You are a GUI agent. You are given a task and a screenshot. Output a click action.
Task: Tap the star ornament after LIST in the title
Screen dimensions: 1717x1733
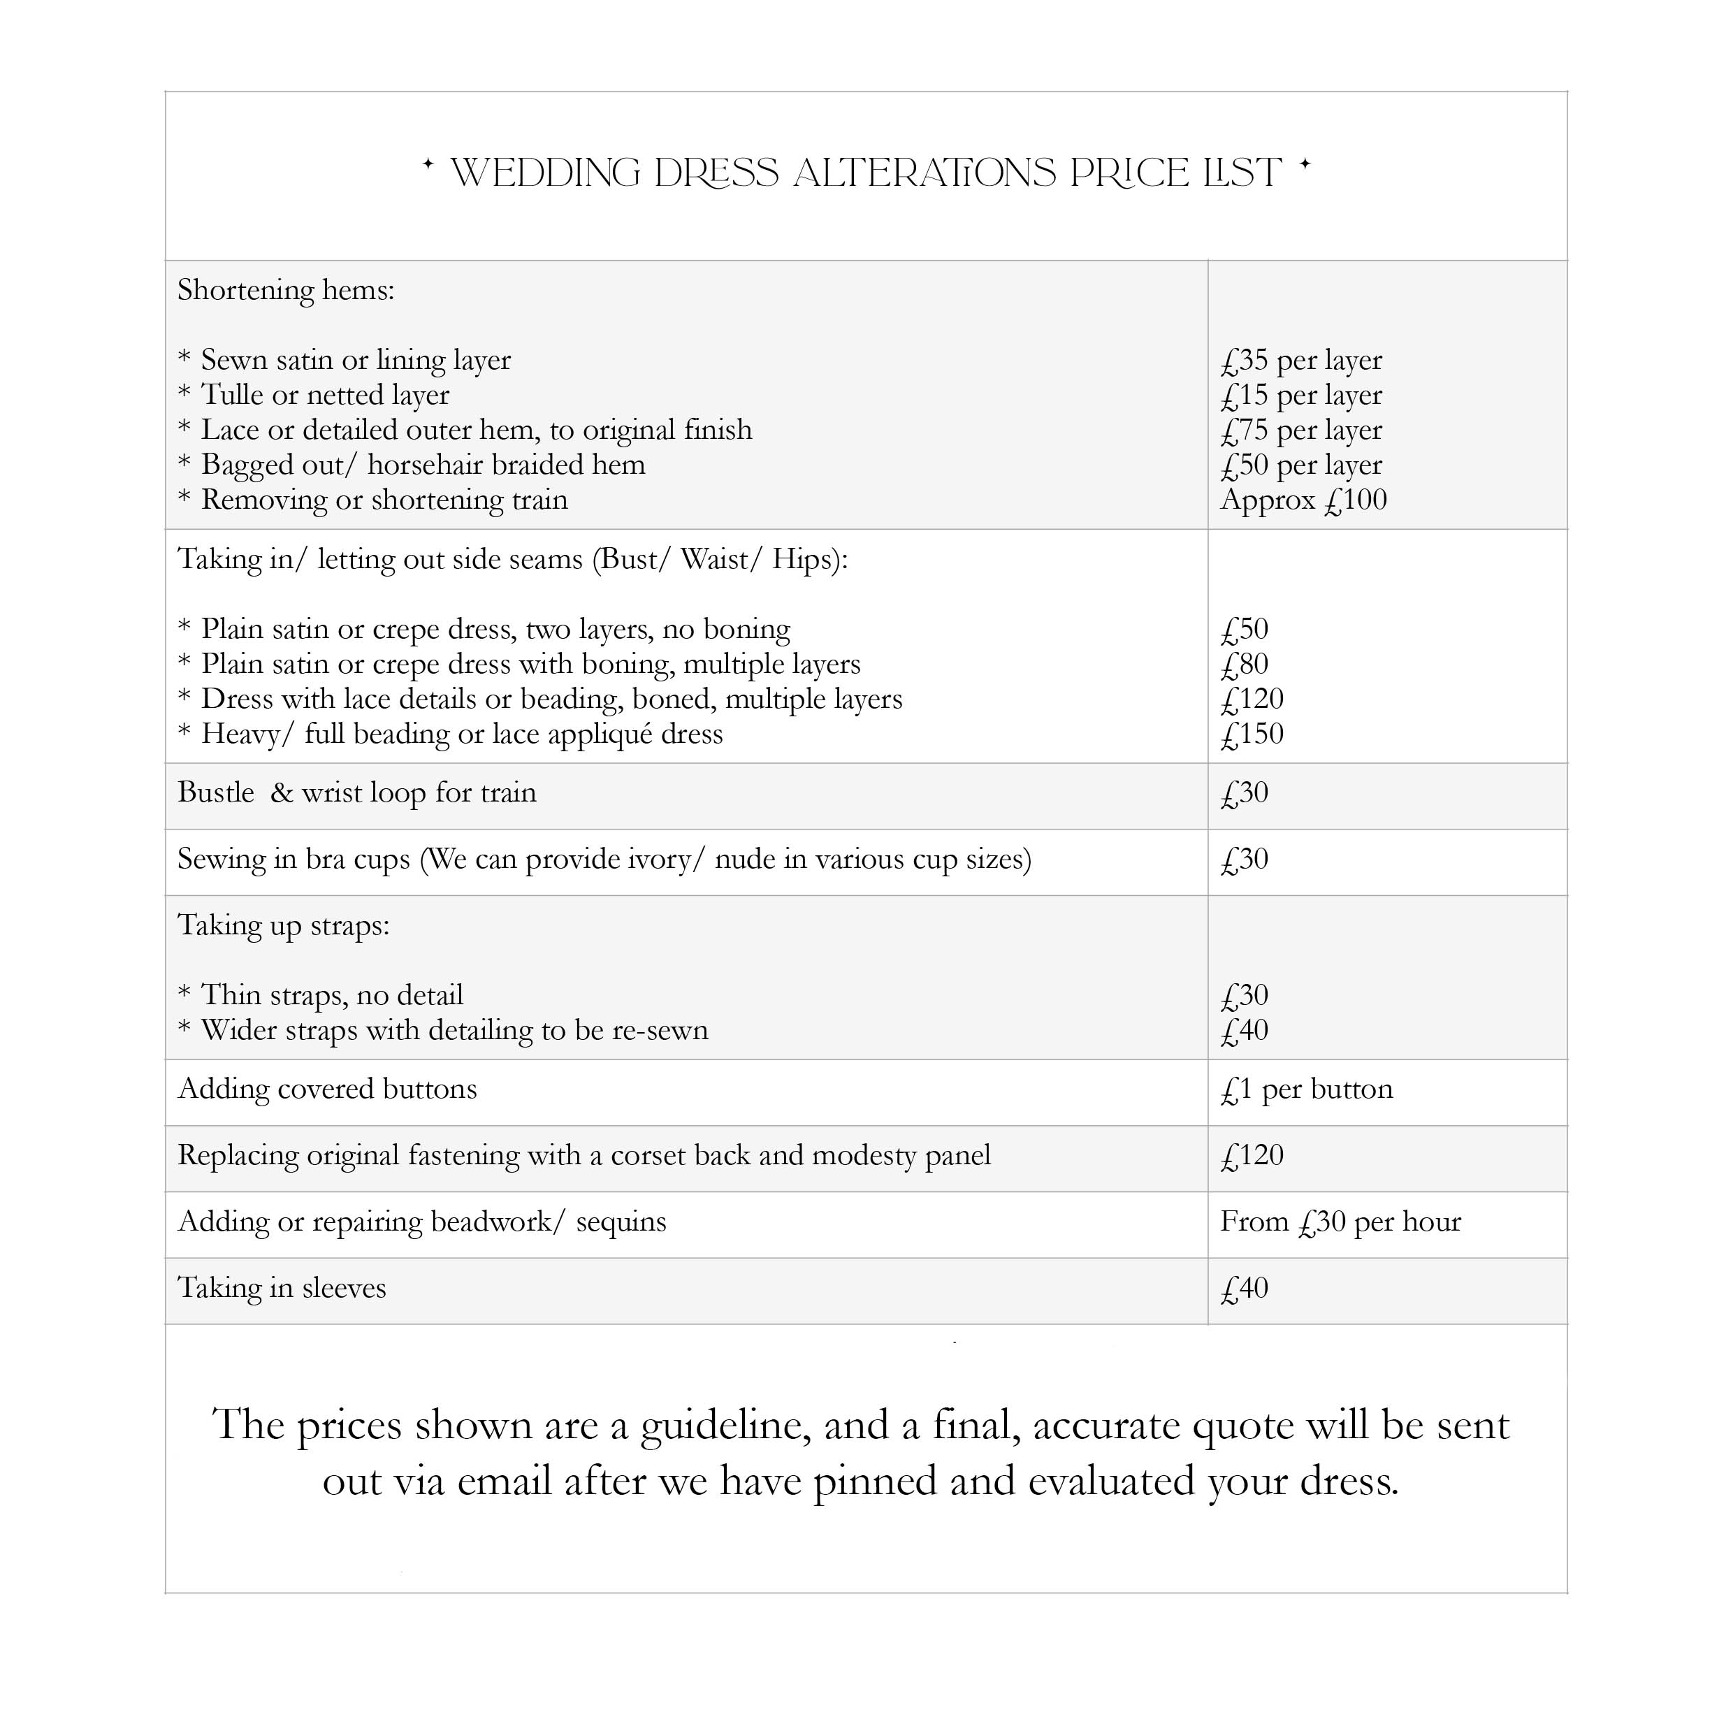(1305, 164)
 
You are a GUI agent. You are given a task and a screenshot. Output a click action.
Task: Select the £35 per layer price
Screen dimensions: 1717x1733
(1300, 361)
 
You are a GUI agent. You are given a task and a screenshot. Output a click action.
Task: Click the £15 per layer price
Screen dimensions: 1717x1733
(1300, 396)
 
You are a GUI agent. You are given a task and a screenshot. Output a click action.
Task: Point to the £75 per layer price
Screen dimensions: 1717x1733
(1300, 430)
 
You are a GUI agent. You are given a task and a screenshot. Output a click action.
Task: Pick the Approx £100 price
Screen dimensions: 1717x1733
(1303, 500)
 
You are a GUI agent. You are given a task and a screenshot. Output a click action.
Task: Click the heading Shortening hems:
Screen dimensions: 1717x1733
(286, 291)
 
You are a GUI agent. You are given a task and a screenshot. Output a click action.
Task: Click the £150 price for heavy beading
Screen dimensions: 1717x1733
(1252, 734)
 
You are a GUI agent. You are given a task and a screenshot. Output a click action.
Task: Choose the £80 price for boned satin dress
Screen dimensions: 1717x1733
(1245, 665)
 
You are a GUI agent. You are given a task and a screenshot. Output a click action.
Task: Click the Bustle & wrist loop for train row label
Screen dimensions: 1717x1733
(357, 793)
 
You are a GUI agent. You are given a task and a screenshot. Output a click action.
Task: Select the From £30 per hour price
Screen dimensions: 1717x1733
(1340, 1222)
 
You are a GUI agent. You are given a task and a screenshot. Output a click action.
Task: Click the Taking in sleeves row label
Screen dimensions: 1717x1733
(282, 1288)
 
